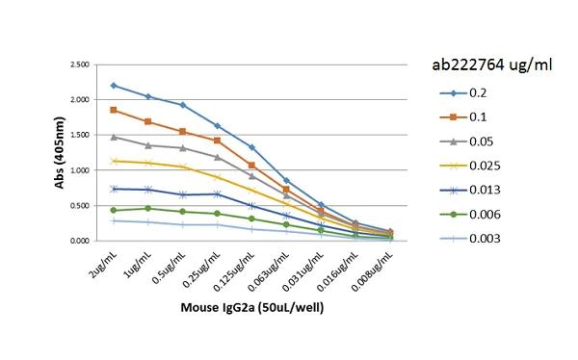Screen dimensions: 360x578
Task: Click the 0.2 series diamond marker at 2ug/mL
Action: point(114,86)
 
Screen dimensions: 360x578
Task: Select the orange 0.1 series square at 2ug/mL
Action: point(114,110)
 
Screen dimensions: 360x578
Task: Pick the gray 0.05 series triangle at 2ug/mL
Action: point(114,137)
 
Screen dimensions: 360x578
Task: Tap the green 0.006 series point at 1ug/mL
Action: point(147,208)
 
